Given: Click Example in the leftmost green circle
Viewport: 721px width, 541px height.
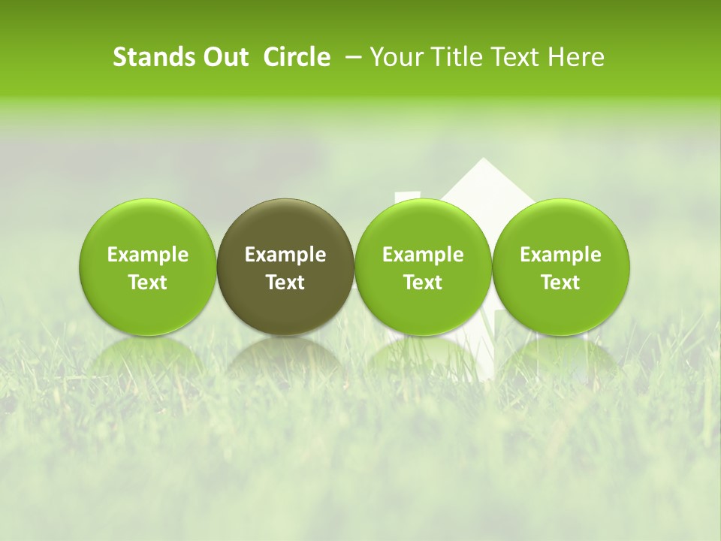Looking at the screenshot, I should [x=147, y=255].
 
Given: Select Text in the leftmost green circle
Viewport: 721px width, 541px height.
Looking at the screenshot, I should [x=147, y=283].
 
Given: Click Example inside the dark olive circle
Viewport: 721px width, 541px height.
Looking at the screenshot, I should [x=285, y=255].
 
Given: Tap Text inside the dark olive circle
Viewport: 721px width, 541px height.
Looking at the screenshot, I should [x=285, y=283].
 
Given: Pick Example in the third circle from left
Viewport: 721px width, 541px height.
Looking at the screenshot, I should [x=423, y=255].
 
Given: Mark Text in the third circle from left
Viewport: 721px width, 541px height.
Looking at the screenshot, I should [x=423, y=283].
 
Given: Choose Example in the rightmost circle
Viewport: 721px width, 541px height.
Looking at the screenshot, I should [x=560, y=255].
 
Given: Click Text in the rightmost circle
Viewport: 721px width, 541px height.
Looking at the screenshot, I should [x=560, y=283].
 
